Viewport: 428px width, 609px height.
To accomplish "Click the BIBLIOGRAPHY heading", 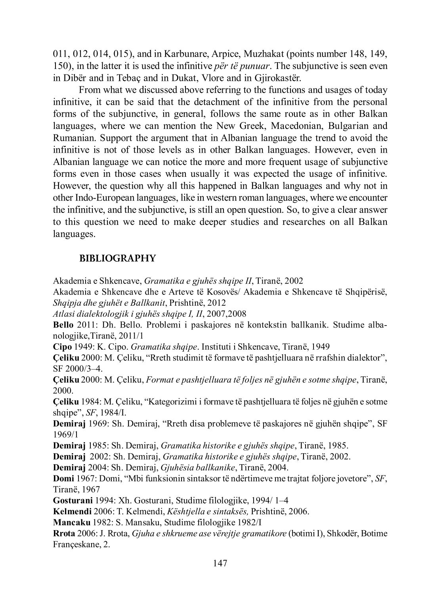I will [118, 259].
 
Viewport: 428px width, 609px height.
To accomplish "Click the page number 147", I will [220, 563].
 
